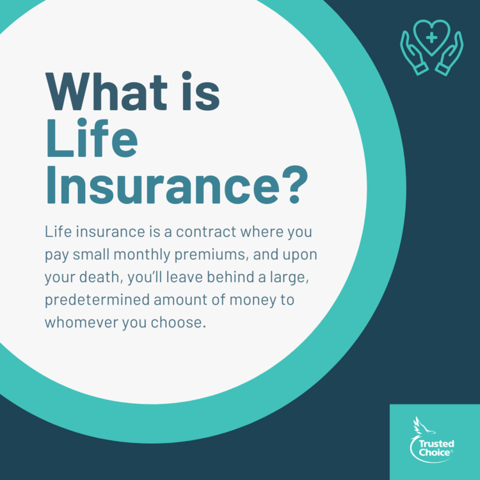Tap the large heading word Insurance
163,184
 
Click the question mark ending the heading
294,184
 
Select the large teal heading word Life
92,138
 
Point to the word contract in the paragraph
206,232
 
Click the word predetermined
97,300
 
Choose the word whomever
81,323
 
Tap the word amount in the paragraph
180,300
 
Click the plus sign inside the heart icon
431,38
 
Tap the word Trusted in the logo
436,444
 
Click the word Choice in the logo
435,452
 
